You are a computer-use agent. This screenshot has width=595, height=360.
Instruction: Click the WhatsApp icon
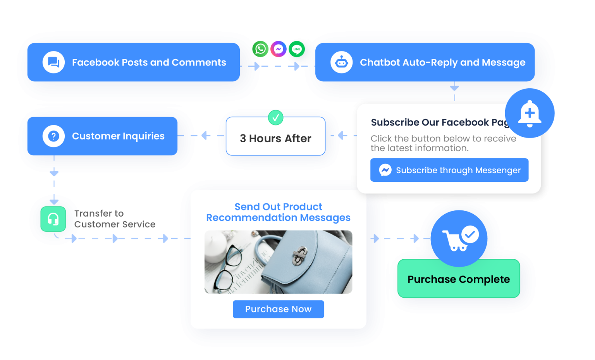click(260, 49)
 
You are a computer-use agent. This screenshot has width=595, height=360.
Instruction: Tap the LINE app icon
click(297, 49)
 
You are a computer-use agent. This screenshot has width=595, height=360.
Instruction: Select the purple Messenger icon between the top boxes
click(279, 49)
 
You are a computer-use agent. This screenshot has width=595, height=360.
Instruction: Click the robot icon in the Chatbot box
click(341, 62)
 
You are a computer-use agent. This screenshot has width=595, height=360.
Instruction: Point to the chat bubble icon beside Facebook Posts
click(53, 62)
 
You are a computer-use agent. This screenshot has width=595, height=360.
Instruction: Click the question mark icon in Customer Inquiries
click(53, 136)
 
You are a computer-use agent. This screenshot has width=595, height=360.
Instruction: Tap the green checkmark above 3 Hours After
click(275, 117)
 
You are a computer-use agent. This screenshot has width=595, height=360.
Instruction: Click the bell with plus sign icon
click(530, 114)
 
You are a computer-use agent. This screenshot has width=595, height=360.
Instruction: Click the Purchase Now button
click(279, 309)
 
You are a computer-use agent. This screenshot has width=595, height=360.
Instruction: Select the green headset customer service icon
click(53, 219)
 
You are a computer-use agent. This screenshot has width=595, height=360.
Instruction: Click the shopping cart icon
click(459, 238)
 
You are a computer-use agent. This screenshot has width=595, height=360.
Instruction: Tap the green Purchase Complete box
click(459, 279)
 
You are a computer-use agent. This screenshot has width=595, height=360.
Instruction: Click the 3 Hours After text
click(275, 138)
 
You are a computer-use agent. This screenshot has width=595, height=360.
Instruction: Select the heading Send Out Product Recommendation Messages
click(279, 212)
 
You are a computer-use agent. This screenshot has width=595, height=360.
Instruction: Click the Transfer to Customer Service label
click(115, 219)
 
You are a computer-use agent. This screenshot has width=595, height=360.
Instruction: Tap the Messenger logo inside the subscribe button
click(385, 170)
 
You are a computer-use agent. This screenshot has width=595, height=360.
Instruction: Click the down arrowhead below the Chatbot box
click(454, 88)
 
